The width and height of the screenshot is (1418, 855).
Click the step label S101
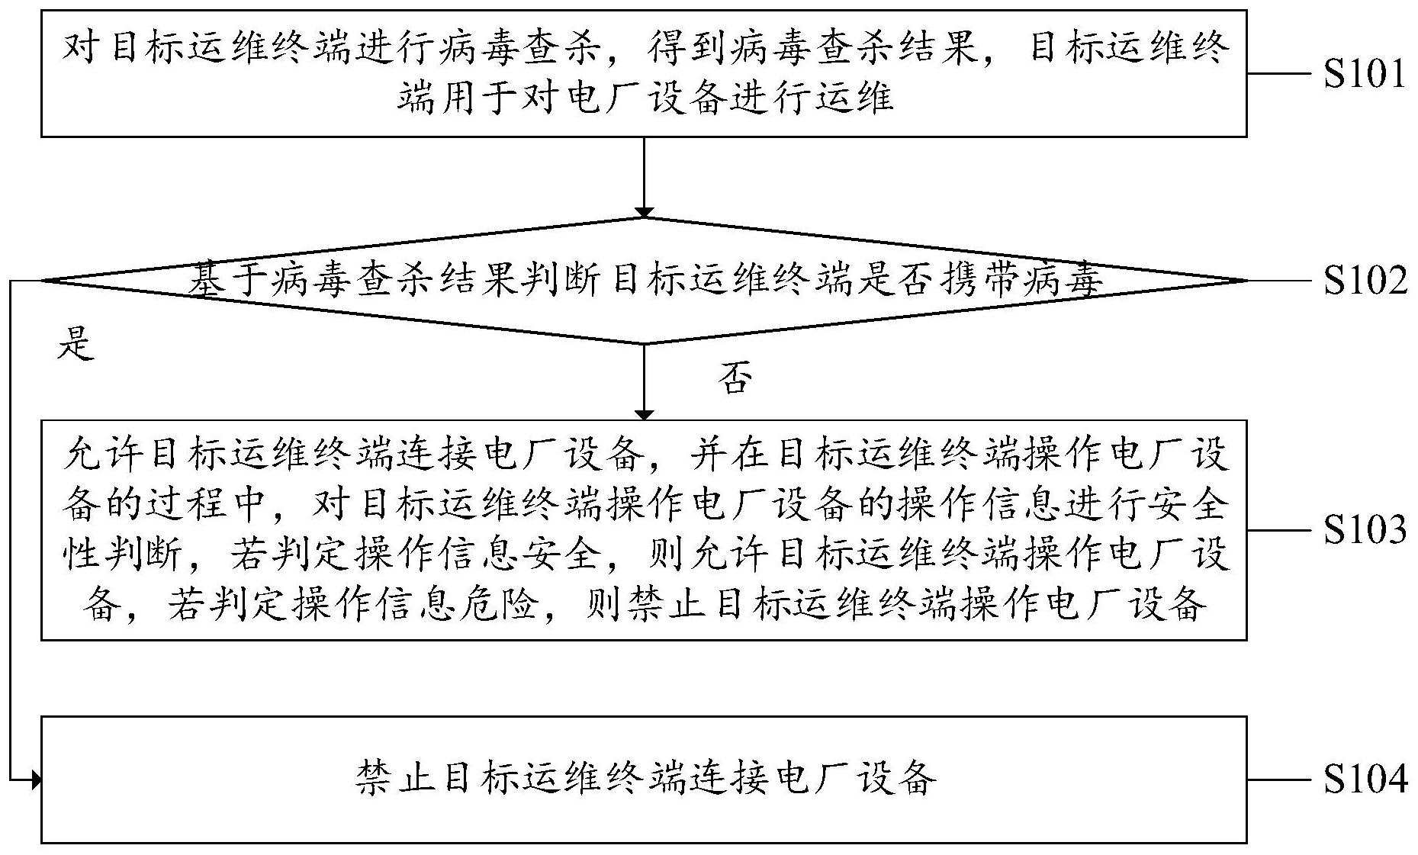(x=1365, y=75)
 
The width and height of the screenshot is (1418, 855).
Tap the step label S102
(x=1365, y=281)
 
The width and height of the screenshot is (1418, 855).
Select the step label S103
(x=1365, y=529)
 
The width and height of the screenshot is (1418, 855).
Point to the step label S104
(x=1365, y=779)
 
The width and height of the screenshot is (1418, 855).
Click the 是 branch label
(x=76, y=344)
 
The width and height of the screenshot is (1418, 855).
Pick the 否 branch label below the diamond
(x=735, y=378)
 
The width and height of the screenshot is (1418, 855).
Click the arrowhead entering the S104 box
(x=35, y=779)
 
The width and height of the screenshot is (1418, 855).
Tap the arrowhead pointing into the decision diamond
(x=645, y=211)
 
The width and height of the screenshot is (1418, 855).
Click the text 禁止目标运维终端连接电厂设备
(x=646, y=779)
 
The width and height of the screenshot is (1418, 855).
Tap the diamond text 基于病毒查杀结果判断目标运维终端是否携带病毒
(x=646, y=280)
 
